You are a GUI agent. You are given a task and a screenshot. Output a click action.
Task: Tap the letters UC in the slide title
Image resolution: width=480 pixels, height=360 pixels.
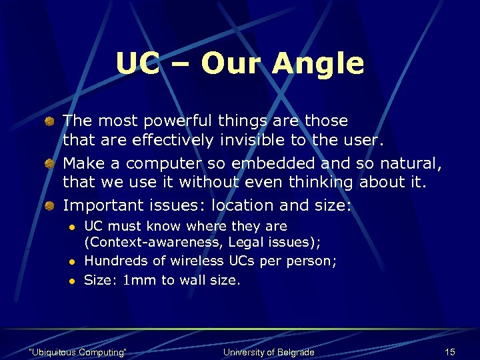pyautogui.click(x=138, y=64)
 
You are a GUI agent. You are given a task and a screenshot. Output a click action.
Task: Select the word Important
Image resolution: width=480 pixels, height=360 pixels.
pyautogui.click(x=101, y=205)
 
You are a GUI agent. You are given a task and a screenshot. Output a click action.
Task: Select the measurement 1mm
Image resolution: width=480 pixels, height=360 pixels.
pyautogui.click(x=137, y=281)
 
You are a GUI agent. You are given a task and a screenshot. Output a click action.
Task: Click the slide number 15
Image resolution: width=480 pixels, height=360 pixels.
pyautogui.click(x=450, y=351)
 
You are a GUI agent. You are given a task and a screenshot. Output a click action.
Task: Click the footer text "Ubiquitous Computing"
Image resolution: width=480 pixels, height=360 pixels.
pyautogui.click(x=78, y=351)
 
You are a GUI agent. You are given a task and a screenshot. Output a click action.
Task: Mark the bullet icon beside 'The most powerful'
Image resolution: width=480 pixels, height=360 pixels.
pyautogui.click(x=50, y=121)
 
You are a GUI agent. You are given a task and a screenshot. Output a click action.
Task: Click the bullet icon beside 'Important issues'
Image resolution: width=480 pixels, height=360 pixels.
pyautogui.click(x=50, y=205)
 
